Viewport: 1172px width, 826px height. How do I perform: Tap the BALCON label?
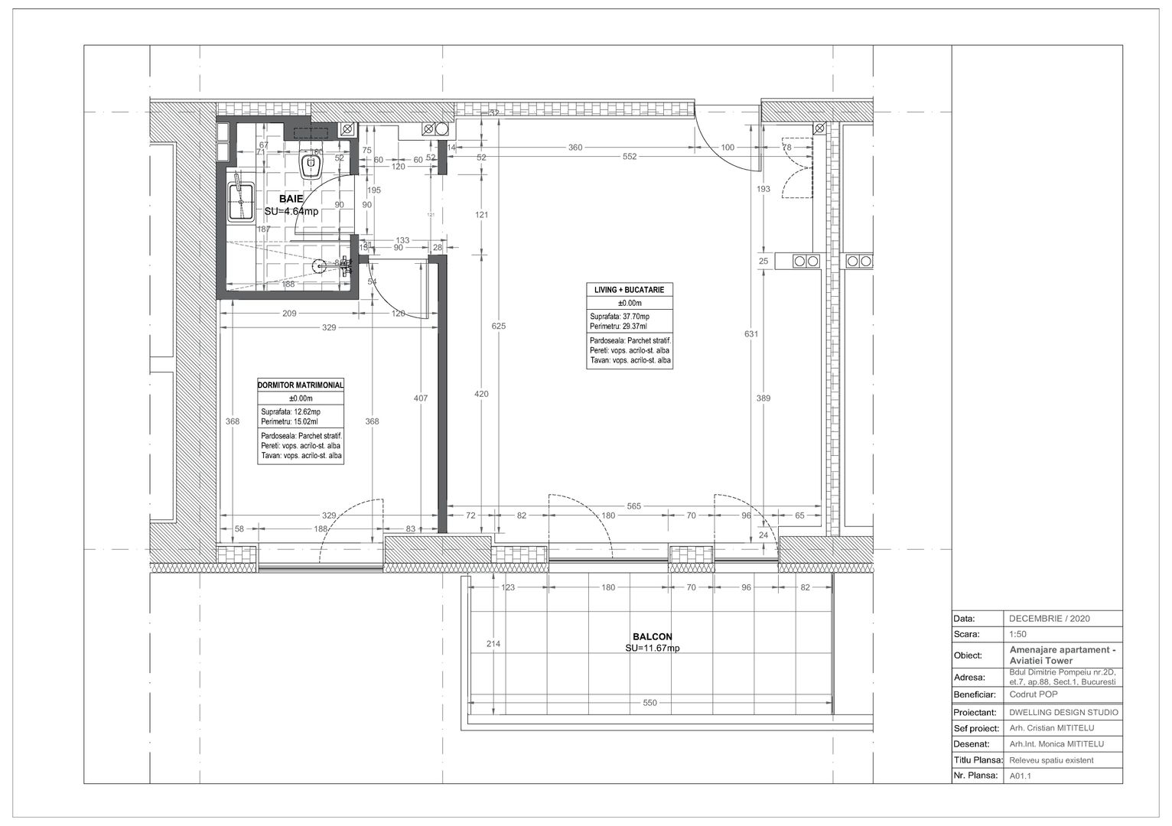click(x=652, y=636)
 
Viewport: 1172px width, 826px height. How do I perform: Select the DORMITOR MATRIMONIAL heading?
click(x=301, y=385)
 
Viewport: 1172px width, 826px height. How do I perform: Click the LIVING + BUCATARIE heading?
click(x=629, y=291)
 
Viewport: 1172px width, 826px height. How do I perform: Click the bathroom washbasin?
click(x=241, y=200)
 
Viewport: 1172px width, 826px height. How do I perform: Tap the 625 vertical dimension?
click(x=499, y=327)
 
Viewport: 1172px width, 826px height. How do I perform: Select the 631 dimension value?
click(x=751, y=333)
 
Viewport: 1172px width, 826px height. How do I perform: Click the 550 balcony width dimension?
click(x=649, y=703)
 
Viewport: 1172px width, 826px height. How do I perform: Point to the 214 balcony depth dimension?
click(x=493, y=644)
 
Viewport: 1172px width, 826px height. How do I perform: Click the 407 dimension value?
click(x=420, y=398)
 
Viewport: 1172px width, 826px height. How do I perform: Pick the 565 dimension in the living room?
click(x=633, y=506)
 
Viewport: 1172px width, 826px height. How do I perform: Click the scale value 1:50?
click(x=1018, y=634)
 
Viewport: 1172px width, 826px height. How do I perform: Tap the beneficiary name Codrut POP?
click(x=1033, y=695)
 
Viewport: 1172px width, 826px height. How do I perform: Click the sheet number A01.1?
click(x=1021, y=776)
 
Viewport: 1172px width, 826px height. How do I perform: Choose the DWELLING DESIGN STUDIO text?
click(x=1063, y=713)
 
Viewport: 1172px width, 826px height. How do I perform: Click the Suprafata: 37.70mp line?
click(x=620, y=317)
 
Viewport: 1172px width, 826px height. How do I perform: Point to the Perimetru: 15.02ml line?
click(x=289, y=421)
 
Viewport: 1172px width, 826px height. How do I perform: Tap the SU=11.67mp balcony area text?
click(x=652, y=648)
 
